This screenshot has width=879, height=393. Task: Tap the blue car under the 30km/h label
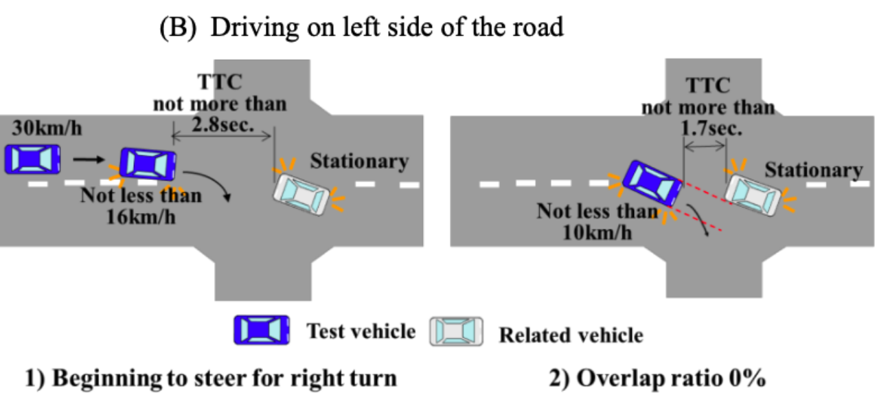pyautogui.click(x=32, y=159)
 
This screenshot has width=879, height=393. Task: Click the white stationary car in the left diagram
pyautogui.click(x=302, y=194)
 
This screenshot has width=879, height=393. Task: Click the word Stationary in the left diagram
pyautogui.click(x=359, y=161)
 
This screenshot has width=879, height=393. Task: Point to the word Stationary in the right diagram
pyautogui.click(x=814, y=170)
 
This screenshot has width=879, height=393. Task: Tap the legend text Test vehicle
pyautogui.click(x=361, y=332)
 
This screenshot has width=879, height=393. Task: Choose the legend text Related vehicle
pyautogui.click(x=571, y=335)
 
